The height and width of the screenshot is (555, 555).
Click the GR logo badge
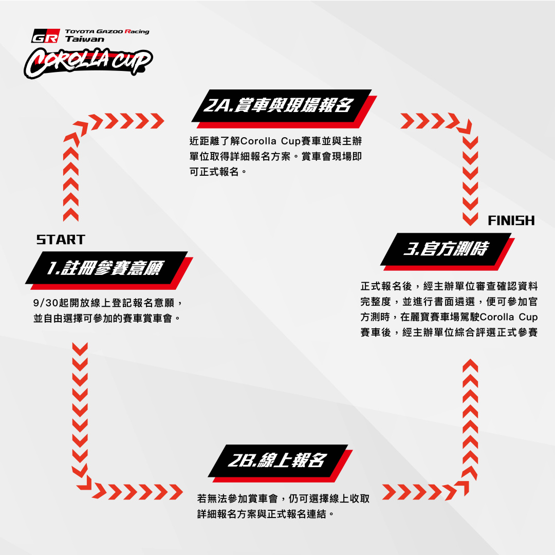[x=45, y=36]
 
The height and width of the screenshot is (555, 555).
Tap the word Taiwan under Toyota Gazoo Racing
[x=85, y=39]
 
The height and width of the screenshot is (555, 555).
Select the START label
[x=61, y=239]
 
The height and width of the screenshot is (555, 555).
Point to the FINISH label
[x=511, y=220]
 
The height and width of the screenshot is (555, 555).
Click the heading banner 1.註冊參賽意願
[x=109, y=270]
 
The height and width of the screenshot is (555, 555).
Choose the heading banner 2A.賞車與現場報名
[x=284, y=109]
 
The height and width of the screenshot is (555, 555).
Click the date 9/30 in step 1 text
[x=46, y=303]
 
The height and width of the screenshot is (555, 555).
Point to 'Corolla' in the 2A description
[x=258, y=141]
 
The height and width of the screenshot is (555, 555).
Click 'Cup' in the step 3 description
[x=528, y=317]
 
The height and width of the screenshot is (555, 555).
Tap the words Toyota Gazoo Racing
[x=107, y=31]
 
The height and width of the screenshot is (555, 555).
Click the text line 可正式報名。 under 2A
[x=218, y=172]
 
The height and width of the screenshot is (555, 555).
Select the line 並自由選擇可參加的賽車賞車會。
[x=107, y=318]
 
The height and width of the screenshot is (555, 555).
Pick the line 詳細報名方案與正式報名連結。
[x=266, y=513]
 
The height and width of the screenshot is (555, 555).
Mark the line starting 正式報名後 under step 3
[x=449, y=286]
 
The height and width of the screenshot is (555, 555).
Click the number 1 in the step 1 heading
[x=52, y=268]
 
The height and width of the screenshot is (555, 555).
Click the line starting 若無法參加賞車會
[x=284, y=498]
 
